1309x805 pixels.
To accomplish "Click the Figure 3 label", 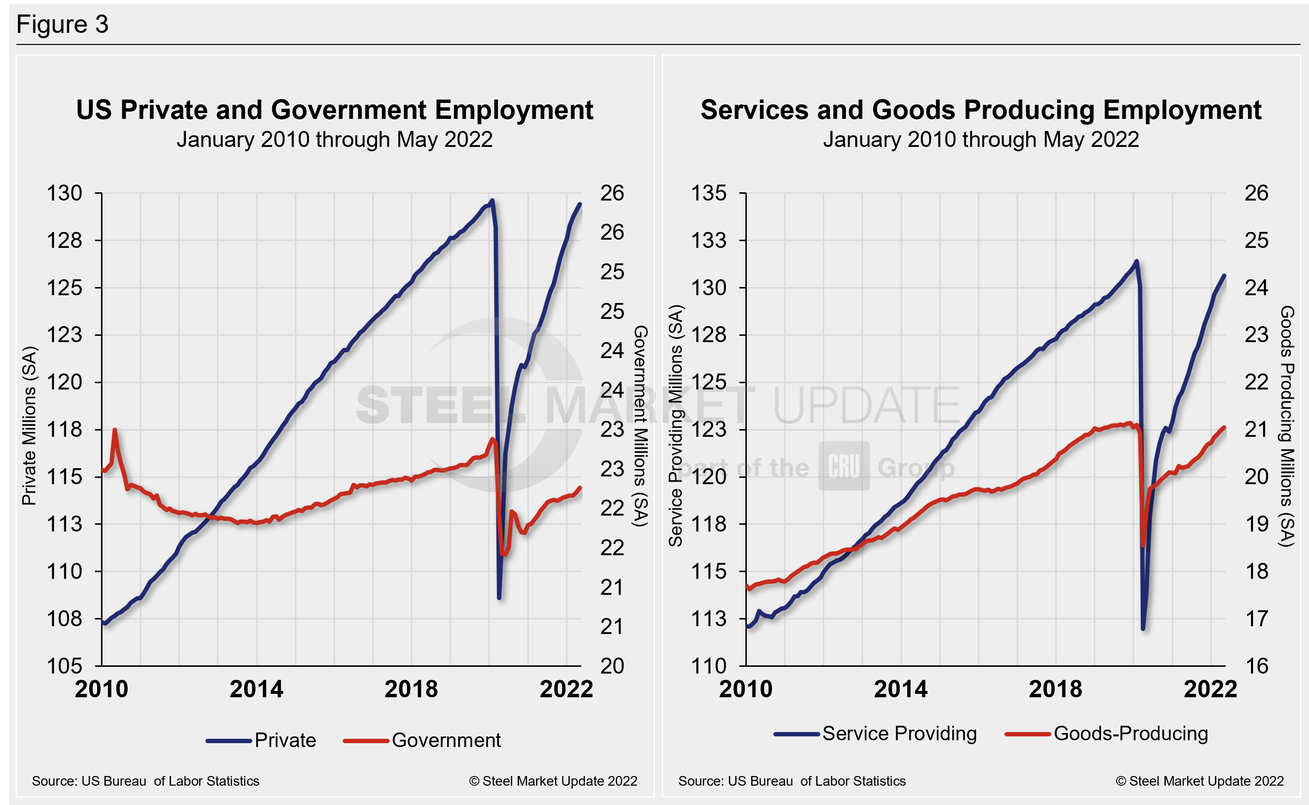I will click(62, 25).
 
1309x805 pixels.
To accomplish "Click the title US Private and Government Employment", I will click(335, 110).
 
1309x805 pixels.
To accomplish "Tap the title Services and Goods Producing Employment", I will click(980, 110).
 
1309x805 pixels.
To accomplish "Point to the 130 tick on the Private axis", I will click(64, 193).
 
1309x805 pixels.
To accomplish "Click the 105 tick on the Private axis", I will click(64, 665).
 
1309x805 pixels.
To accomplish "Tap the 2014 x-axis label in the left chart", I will click(256, 690).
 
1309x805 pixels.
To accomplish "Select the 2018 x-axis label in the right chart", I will click(1056, 690).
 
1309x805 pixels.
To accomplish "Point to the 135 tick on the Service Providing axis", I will click(708, 193).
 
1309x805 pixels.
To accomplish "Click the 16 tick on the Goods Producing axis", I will click(1256, 665).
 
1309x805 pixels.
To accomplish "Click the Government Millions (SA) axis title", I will click(640, 426).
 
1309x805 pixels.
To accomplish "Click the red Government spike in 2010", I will click(115, 430).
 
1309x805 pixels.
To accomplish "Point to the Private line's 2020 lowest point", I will click(499, 598).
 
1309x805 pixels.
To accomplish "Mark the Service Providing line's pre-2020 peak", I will click(1136, 261).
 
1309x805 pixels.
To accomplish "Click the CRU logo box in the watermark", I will click(844, 466).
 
